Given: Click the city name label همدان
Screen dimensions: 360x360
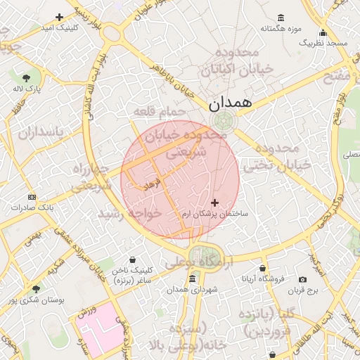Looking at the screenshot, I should click(x=230, y=103).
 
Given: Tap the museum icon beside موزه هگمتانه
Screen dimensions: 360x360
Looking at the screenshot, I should click(x=281, y=18).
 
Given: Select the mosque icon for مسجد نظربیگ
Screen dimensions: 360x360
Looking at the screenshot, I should click(x=323, y=32).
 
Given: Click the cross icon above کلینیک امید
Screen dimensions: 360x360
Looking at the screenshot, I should click(x=59, y=17).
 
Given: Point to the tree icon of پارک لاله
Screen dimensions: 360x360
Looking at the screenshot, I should click(x=27, y=78).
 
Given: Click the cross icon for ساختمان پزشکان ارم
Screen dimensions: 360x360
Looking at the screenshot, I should click(x=214, y=202).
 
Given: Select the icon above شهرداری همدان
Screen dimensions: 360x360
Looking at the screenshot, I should click(x=192, y=279).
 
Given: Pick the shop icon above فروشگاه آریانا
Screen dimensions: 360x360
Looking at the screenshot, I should click(x=263, y=269).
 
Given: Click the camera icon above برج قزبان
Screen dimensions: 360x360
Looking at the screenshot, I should click(x=302, y=279).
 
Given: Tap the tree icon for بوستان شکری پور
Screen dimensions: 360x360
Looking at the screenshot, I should click(x=36, y=288).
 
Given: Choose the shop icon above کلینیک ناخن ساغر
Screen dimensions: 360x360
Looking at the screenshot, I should click(x=132, y=259).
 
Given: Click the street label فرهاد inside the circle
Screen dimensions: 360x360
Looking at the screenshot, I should click(x=152, y=185).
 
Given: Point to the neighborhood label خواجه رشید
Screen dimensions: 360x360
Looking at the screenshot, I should click(x=130, y=212).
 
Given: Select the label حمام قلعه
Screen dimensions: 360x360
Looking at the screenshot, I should click(x=160, y=112).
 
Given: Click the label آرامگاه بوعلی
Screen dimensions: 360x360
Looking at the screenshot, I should click(x=199, y=260).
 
